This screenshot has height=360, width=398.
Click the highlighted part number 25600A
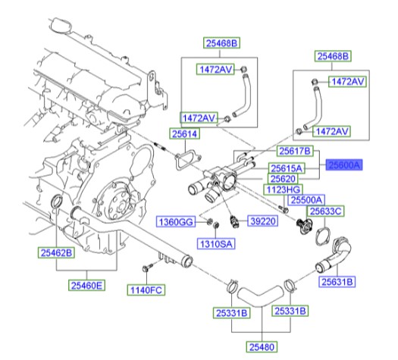pyautogui.click(x=345, y=164)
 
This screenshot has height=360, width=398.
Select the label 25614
pyautogui.click(x=183, y=134)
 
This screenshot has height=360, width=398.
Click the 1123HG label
pyautogui.click(x=282, y=189)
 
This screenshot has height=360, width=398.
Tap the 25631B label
pyautogui.click(x=337, y=281)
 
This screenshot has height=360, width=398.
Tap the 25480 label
pyautogui.click(x=257, y=346)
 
